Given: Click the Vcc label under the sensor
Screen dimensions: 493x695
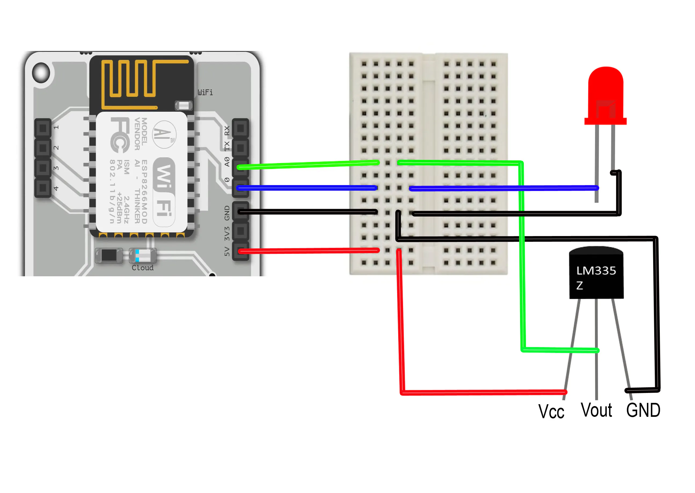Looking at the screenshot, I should tap(551, 412).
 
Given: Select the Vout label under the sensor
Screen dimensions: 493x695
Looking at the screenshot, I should tap(596, 410).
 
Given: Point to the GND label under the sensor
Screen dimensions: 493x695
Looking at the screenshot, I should tap(643, 410).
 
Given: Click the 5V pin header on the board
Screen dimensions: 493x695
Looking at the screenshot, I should tap(240, 251).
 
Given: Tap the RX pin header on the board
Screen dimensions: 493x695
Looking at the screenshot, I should tap(240, 128).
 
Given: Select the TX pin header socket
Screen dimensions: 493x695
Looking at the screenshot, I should tap(240, 148).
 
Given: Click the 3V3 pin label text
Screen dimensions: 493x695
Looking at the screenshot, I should tap(227, 233).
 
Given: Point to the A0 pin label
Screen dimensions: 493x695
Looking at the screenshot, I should tap(227, 161).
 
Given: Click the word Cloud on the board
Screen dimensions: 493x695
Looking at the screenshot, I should tap(142, 268).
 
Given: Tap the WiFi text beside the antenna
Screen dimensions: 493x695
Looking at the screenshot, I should tap(205, 92).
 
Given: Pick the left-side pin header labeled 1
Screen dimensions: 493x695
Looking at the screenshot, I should tap(43, 128).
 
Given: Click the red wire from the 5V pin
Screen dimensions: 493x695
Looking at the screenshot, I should tap(308, 251).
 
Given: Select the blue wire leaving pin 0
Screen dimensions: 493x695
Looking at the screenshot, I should tap(307, 188).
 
